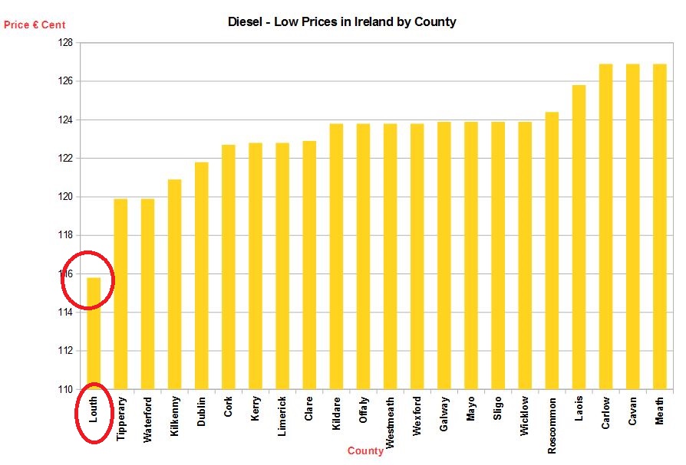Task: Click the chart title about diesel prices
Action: point(341,21)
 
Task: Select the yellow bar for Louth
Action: point(94,333)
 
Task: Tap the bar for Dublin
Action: point(201,276)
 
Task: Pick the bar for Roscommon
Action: point(552,251)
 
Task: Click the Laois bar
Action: point(579,237)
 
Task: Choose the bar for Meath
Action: point(659,227)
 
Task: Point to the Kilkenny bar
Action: point(174,284)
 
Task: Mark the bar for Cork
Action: point(229,267)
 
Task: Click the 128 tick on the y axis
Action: point(66,43)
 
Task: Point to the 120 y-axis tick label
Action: point(66,197)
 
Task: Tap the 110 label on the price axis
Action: point(66,389)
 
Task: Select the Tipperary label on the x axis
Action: point(121,418)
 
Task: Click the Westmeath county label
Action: point(390,422)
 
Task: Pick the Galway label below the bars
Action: point(444,414)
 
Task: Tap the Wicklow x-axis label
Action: point(524,416)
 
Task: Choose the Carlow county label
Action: point(605,413)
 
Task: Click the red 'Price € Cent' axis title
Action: point(35,25)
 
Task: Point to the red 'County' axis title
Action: point(365,450)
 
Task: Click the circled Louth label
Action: point(94,410)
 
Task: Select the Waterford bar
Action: point(147,294)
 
